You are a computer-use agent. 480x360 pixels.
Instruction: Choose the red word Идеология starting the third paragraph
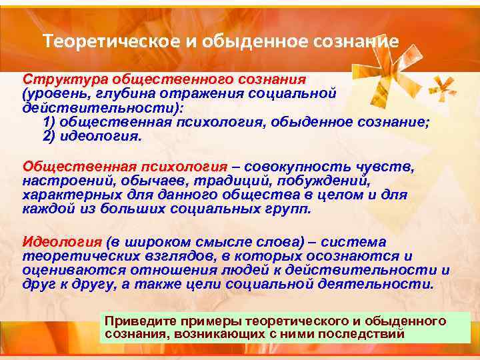[x=61, y=242]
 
